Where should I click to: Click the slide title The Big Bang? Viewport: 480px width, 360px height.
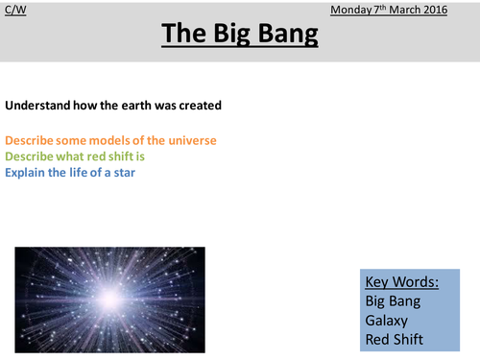239,35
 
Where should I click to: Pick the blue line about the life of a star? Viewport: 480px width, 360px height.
84,173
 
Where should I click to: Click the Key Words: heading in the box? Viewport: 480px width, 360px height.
401,282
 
